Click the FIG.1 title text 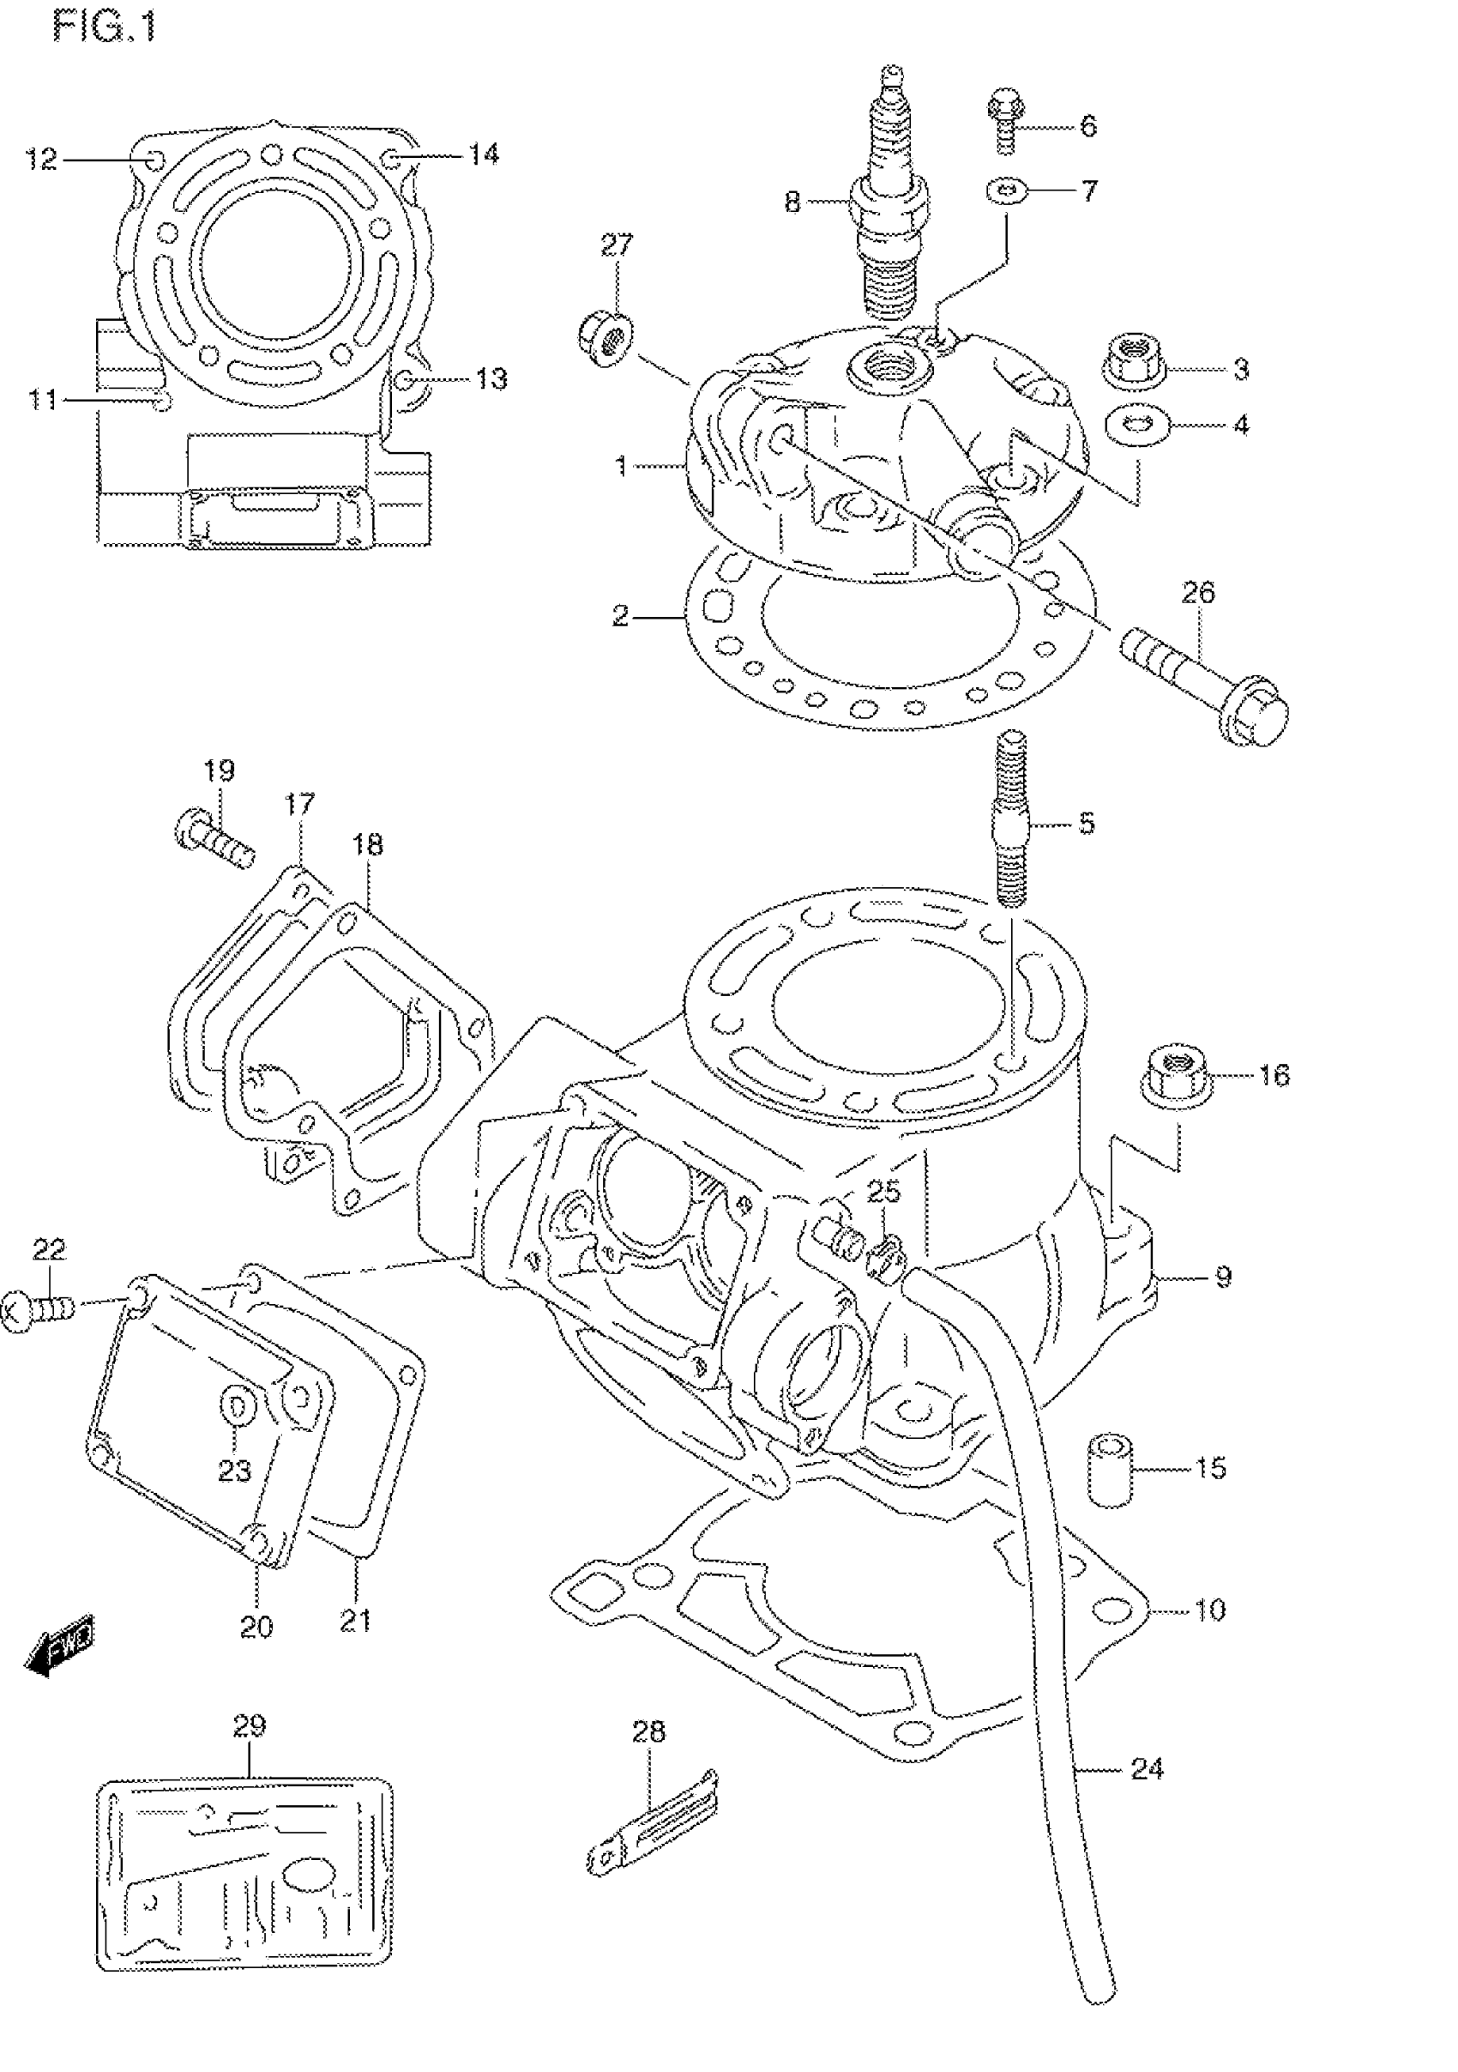(105, 27)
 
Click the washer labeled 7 (1008, 190)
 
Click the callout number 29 (250, 1725)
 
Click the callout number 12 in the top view (41, 159)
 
